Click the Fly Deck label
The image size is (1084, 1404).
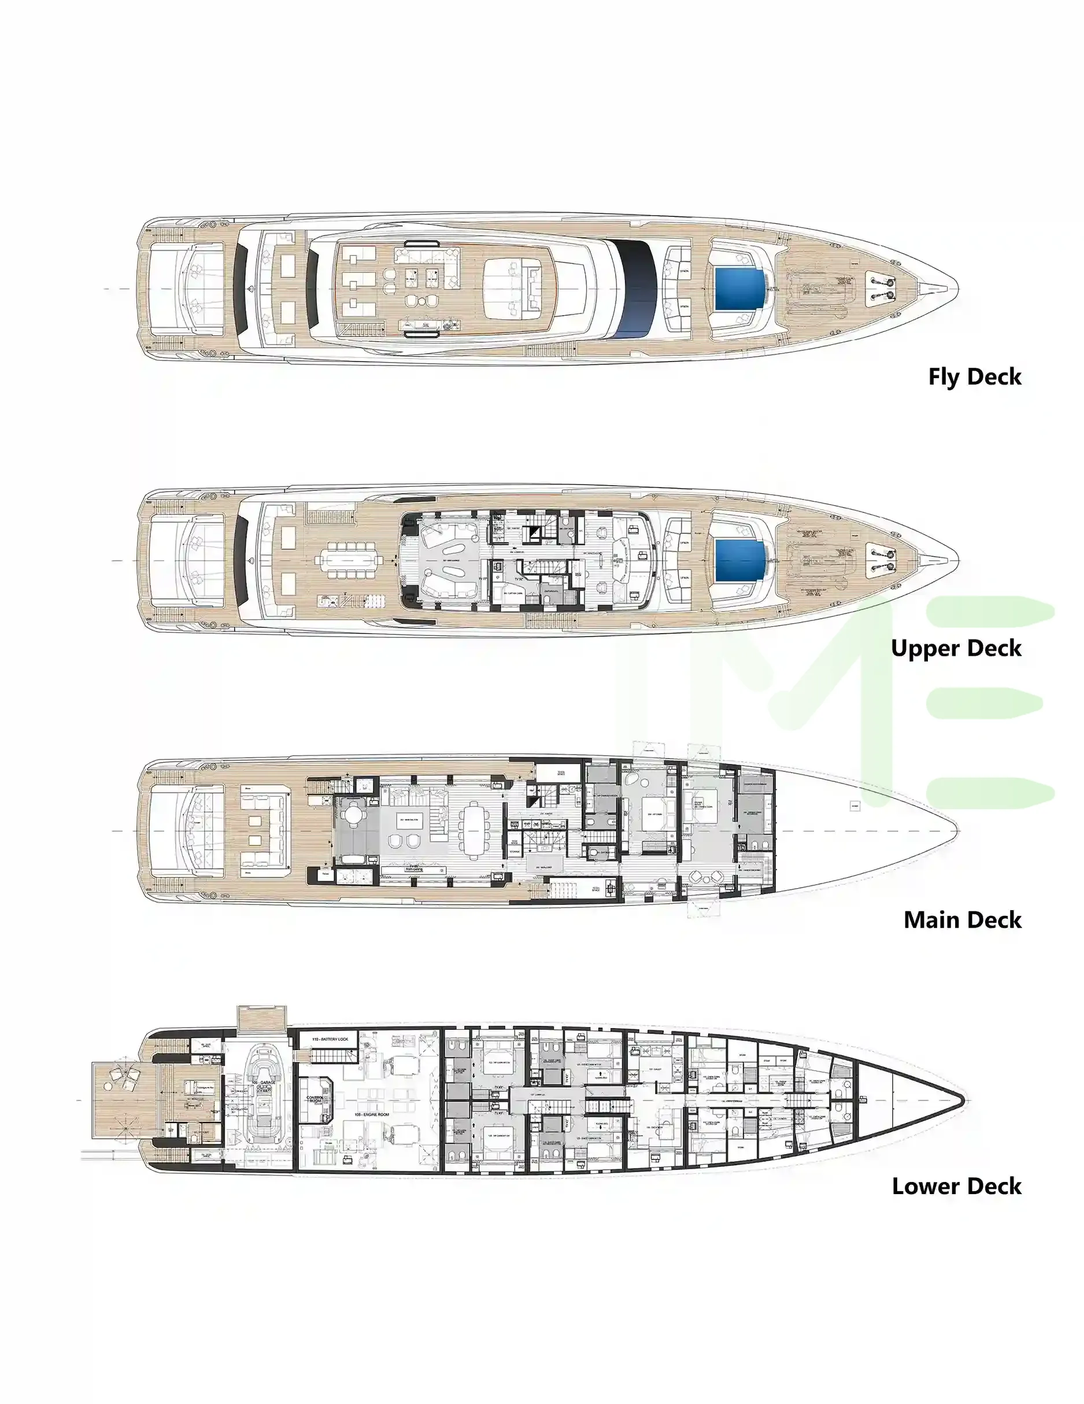[974, 376]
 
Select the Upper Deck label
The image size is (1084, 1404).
[956, 648]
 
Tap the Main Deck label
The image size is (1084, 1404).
[962, 920]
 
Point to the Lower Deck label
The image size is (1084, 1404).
[956, 1186]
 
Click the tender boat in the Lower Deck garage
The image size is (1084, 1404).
[264, 1099]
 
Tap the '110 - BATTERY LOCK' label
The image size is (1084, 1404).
[330, 1040]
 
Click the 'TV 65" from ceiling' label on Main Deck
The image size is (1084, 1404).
[414, 868]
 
